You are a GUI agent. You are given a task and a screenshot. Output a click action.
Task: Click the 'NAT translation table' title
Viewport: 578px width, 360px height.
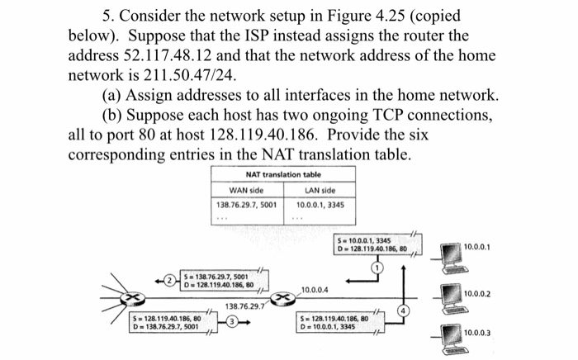click(x=283, y=173)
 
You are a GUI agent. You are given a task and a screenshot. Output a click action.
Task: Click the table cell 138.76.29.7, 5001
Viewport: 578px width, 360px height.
click(x=247, y=204)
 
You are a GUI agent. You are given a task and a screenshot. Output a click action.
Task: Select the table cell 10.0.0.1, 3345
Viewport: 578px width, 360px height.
click(x=320, y=204)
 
